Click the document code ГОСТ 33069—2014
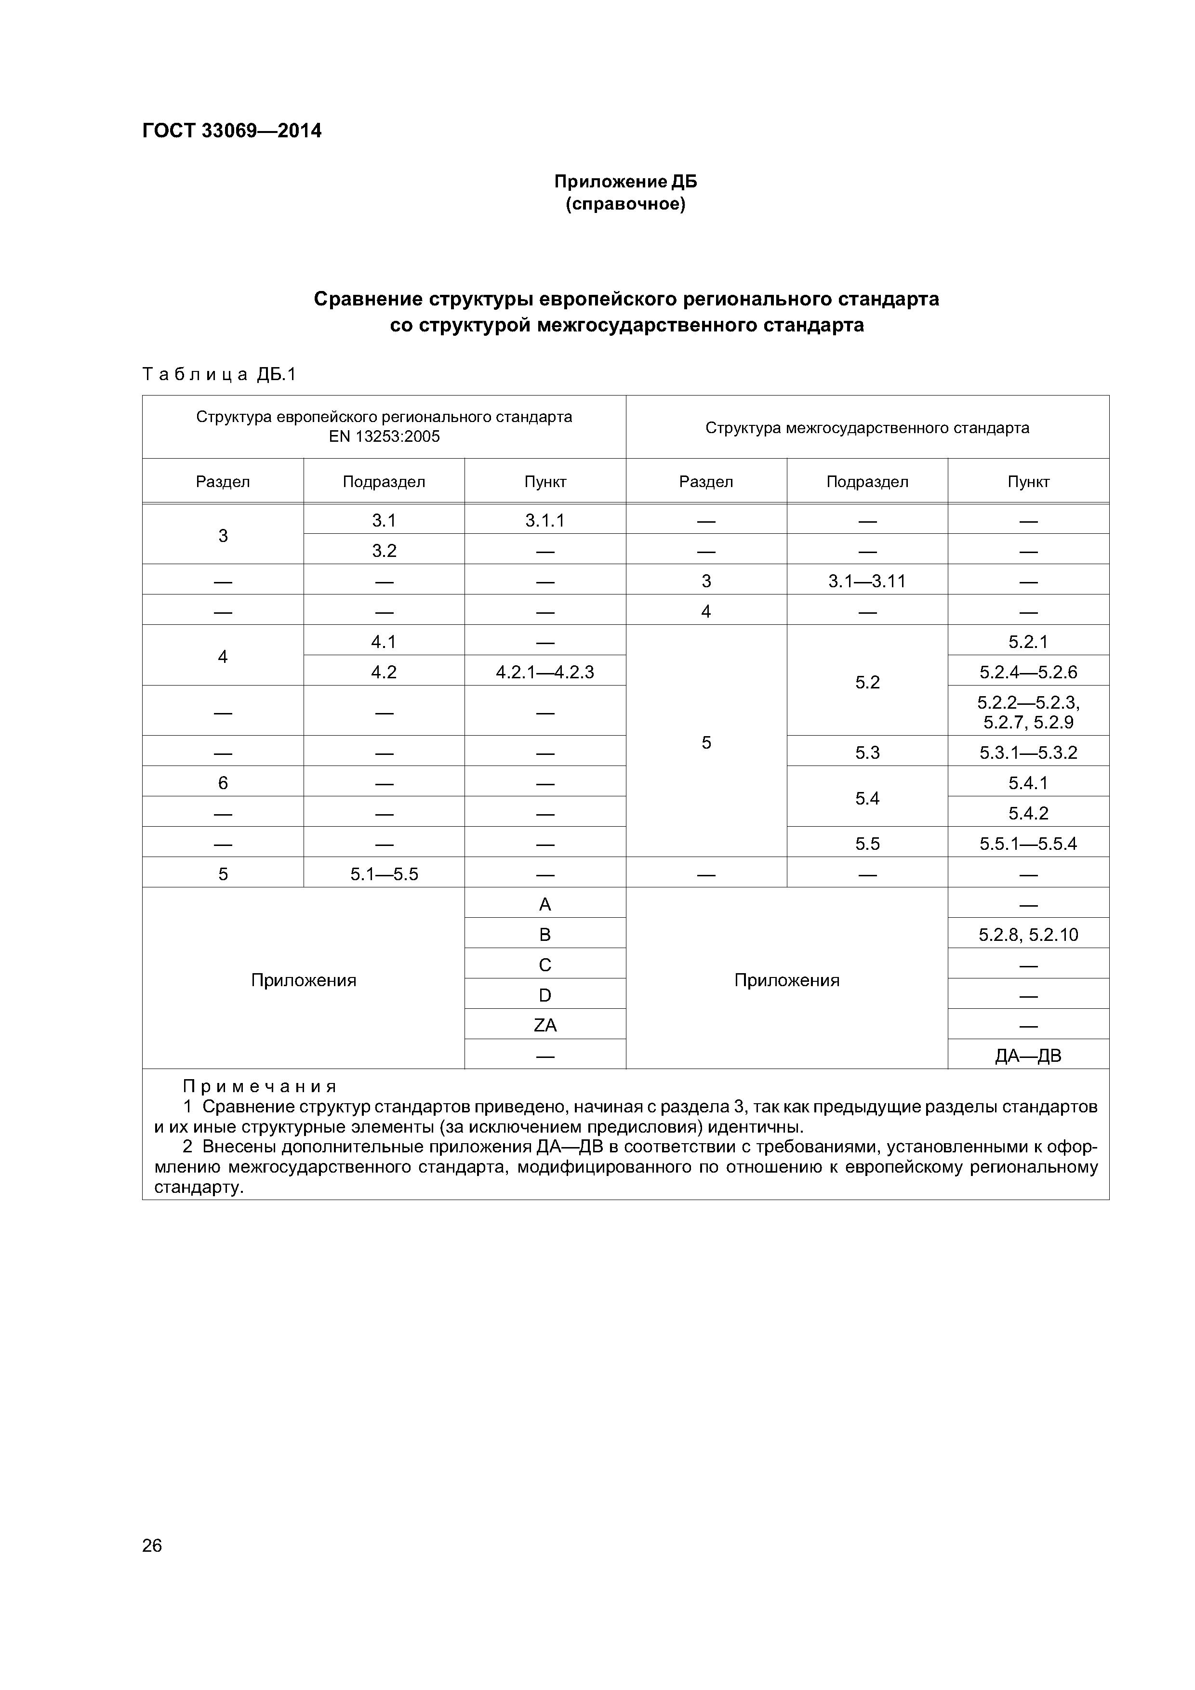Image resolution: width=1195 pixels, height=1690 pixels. pos(231,131)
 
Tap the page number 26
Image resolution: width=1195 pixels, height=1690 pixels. pos(152,1545)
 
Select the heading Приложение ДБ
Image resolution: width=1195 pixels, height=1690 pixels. pos(625,182)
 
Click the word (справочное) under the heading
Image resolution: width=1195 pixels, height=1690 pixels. pos(625,204)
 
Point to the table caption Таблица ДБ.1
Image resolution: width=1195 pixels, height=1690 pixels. pos(219,375)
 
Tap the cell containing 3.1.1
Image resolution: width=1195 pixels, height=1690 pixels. pos(545,520)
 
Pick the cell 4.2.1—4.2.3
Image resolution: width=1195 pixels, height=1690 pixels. pos(545,672)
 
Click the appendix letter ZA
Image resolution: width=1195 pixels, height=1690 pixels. pos(545,1025)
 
